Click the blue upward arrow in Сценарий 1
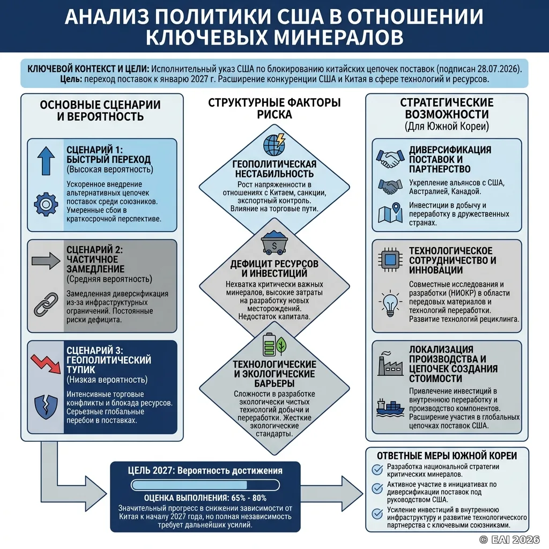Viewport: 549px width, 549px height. point(46,160)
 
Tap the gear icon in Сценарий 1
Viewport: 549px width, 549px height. point(46,204)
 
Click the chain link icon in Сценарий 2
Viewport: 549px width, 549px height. point(46,305)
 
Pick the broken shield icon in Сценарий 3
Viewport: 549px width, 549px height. point(46,407)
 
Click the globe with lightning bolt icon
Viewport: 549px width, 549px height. point(274,144)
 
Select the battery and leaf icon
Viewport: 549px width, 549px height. point(274,345)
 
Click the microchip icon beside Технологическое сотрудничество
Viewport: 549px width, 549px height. point(390,260)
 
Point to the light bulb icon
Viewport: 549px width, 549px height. point(390,303)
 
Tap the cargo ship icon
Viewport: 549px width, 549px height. point(390,408)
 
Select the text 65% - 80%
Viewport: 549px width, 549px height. point(249,498)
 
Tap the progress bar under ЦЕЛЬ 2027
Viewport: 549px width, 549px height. point(205,485)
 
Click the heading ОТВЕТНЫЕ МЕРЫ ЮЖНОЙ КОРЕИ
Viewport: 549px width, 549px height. point(447,456)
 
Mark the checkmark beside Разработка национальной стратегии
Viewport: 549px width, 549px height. point(377,470)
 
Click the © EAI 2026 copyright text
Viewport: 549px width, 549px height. point(509,539)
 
